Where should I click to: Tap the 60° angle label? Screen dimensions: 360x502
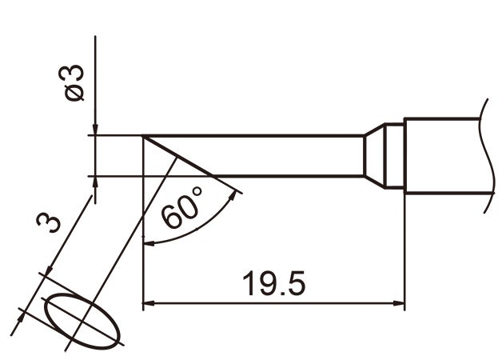[183, 211]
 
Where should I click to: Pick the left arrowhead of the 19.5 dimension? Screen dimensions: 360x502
[149, 304]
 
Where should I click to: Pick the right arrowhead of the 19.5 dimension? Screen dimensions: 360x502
[399, 304]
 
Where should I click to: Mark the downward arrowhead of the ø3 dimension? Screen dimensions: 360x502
[95, 130]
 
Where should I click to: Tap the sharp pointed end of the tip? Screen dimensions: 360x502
[144, 137]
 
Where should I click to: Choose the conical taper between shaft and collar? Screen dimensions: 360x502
[372, 155]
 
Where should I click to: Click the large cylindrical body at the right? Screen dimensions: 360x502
[444, 155]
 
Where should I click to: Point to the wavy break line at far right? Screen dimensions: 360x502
[485, 155]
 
